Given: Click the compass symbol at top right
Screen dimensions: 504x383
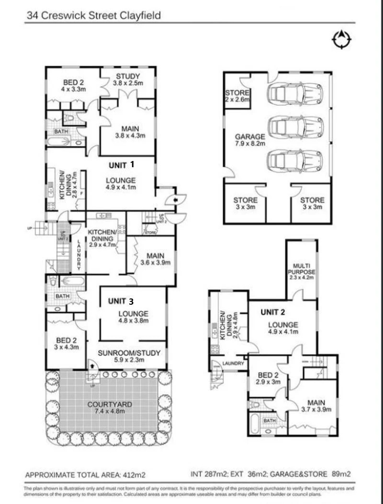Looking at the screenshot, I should tap(341, 40).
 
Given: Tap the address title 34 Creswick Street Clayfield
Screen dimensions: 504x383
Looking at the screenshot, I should tap(93, 15).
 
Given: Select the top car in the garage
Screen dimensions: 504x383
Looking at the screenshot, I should tap(295, 93).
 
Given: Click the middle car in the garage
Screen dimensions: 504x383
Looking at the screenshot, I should tap(295, 127).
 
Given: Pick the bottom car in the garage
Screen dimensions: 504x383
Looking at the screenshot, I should tap(295, 160).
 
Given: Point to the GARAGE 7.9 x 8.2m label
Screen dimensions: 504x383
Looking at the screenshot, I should tap(249, 140).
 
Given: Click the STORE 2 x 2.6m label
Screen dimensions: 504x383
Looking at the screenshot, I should tap(237, 96).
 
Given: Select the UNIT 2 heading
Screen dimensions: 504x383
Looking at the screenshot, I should tap(273, 312).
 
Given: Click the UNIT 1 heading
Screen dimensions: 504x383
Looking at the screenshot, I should tap(121, 164).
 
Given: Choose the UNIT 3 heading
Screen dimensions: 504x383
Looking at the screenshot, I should tap(120, 301).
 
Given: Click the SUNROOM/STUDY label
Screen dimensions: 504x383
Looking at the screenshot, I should tap(129, 356).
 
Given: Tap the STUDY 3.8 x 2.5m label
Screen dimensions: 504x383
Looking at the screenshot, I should tap(128, 80).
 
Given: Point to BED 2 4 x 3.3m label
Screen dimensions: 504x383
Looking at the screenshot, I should tap(73, 85).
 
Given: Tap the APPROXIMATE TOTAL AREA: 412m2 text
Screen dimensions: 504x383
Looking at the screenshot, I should tap(85, 475).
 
